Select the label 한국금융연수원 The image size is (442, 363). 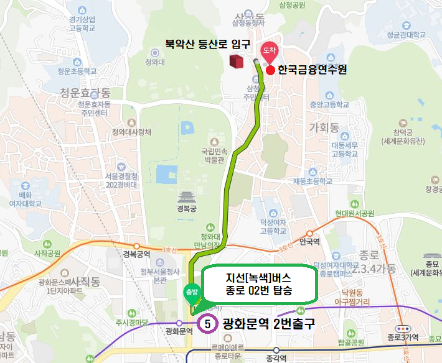(312, 70)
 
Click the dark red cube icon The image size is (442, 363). (237, 61)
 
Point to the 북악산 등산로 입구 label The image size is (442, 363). (207, 44)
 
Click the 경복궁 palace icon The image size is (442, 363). (186, 198)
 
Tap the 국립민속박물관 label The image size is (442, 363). (214, 155)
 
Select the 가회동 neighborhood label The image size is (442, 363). (324, 128)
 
